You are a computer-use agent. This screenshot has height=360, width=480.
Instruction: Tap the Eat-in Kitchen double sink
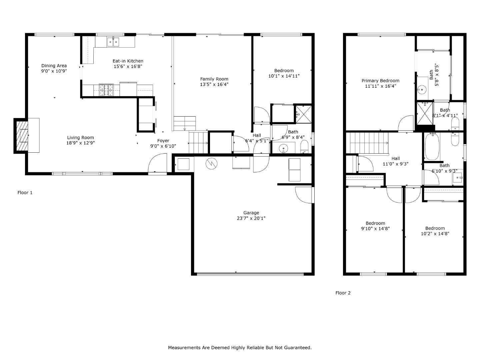[113, 42]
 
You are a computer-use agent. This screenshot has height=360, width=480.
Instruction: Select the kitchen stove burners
[106, 90]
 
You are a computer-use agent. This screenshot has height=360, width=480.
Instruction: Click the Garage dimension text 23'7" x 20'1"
[251, 218]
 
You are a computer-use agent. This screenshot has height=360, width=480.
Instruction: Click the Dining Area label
[54, 66]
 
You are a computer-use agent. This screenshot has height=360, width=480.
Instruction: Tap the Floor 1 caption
[25, 193]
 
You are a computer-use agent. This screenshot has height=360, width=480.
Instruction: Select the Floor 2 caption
[343, 293]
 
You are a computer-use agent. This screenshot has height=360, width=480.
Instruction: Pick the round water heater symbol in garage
[212, 163]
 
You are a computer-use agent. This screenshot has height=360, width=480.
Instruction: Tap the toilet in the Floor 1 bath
[304, 146]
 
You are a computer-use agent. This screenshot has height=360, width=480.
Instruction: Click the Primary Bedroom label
[380, 81]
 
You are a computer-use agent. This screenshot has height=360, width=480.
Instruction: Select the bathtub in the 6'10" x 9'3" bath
[432, 147]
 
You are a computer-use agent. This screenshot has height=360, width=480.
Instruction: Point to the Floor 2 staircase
[369, 143]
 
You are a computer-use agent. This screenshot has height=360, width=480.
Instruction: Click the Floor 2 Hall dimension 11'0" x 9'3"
[395, 164]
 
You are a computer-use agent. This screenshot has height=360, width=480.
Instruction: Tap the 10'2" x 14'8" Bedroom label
[435, 228]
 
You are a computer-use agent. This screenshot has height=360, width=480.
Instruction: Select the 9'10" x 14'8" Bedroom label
[375, 223]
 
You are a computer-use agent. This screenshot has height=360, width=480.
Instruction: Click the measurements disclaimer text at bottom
[240, 348]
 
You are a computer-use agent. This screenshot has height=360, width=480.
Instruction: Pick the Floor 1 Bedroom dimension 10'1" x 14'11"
[284, 76]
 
